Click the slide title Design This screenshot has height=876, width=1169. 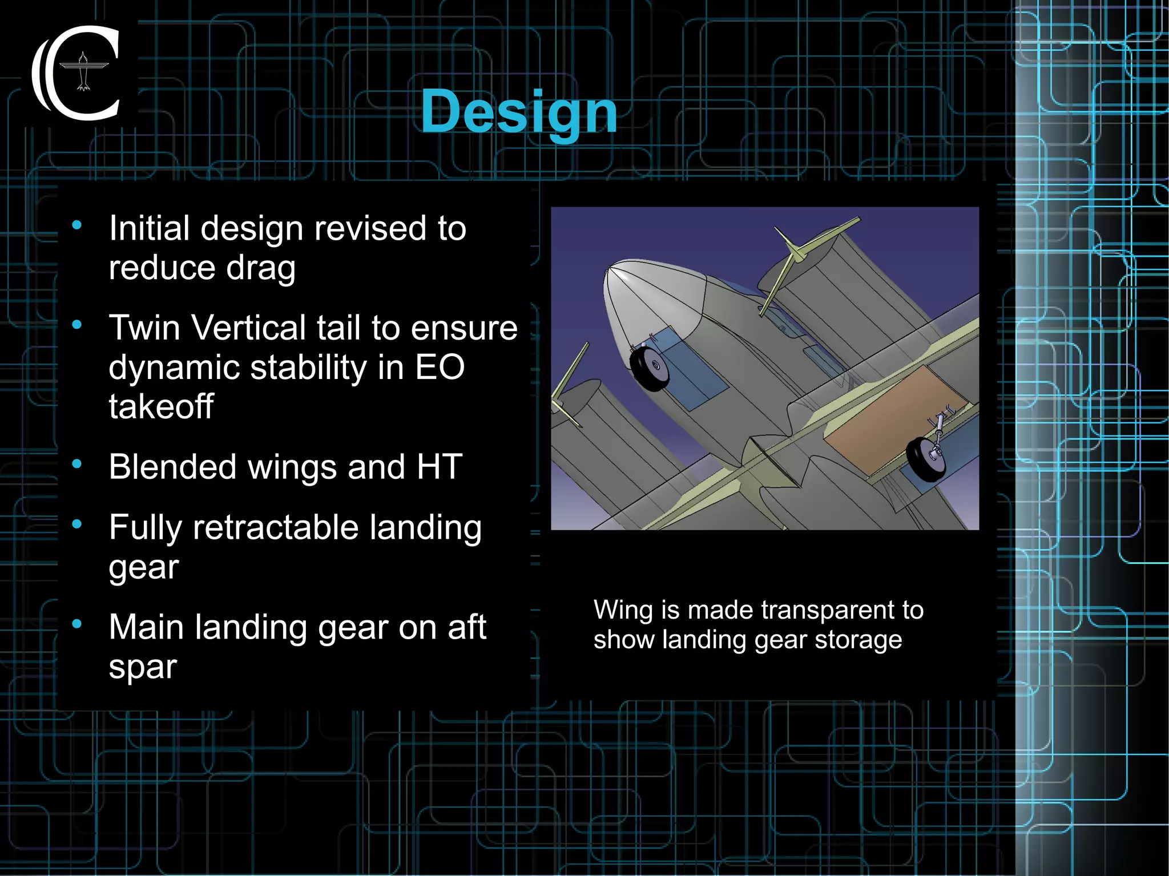click(519, 112)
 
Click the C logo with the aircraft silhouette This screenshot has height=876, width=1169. click(79, 73)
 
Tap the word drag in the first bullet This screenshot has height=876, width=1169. click(260, 268)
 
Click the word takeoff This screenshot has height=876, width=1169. click(161, 406)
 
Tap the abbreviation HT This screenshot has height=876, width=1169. click(439, 467)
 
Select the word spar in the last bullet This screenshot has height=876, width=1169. click(143, 666)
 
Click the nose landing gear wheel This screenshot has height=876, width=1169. click(650, 368)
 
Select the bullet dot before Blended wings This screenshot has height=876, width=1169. click(77, 464)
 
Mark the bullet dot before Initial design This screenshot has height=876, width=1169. click(77, 225)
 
